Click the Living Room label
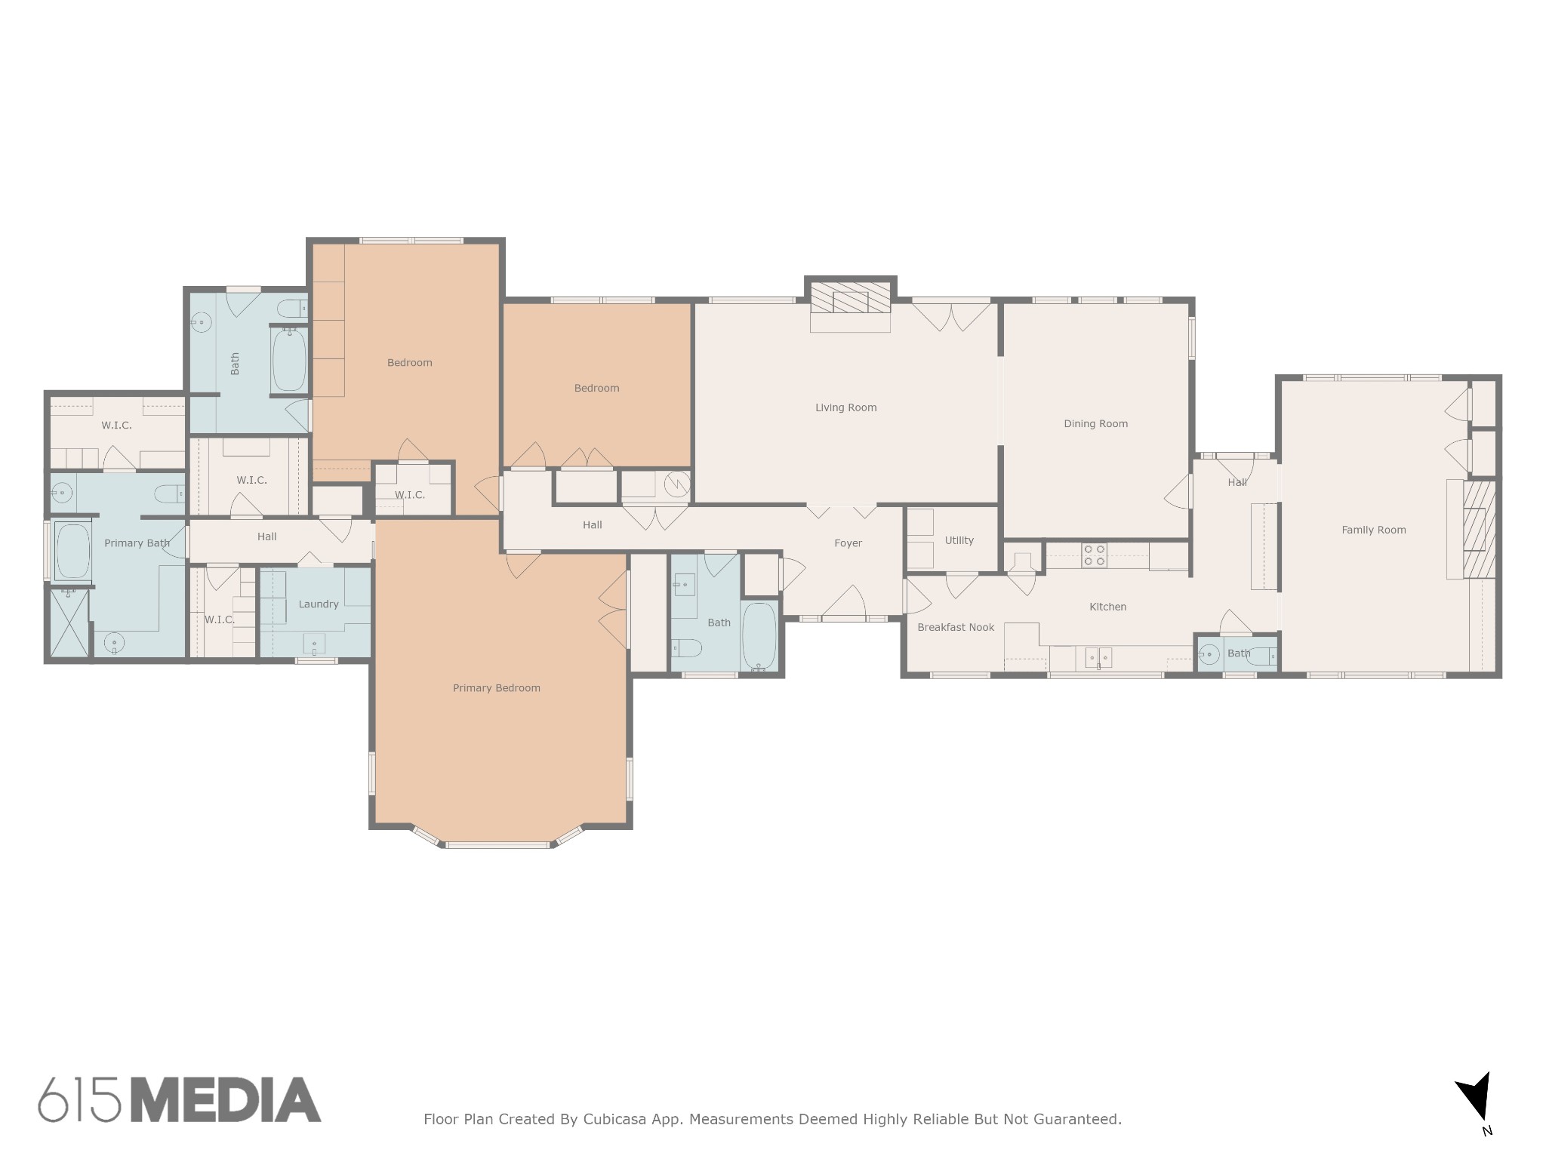pyautogui.click(x=845, y=407)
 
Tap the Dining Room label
pyautogui.click(x=1095, y=423)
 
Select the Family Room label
pyautogui.click(x=1373, y=530)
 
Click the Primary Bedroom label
pyautogui.click(x=496, y=687)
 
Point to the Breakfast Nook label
pyautogui.click(x=955, y=627)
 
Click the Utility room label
pyautogui.click(x=959, y=540)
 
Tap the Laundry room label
pyautogui.click(x=318, y=604)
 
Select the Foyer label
pyautogui.click(x=848, y=543)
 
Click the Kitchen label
pyautogui.click(x=1107, y=607)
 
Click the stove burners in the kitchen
pyautogui.click(x=1095, y=555)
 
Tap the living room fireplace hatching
pyautogui.click(x=851, y=301)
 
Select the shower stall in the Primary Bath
pyautogui.click(x=69, y=623)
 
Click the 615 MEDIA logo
pyautogui.click(x=180, y=1099)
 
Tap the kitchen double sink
pyautogui.click(x=1098, y=658)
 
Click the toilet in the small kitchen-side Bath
pyautogui.click(x=1261, y=657)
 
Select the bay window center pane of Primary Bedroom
pyautogui.click(x=497, y=845)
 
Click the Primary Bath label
pyautogui.click(x=137, y=543)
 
